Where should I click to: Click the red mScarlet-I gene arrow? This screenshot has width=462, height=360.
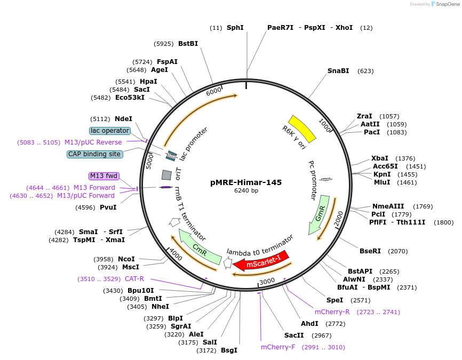click(261, 260)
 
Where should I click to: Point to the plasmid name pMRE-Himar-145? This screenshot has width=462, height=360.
click(246, 182)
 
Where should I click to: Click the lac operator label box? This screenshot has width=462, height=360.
click(110, 131)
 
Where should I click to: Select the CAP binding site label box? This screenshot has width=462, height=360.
click(95, 154)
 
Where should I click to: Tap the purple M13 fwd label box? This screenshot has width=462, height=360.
click(104, 176)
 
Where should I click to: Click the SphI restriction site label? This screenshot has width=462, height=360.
click(235, 28)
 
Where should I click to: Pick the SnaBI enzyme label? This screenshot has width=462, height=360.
click(338, 70)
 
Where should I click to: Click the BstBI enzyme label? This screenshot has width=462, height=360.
click(188, 44)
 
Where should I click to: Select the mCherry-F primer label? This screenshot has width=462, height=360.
click(278, 347)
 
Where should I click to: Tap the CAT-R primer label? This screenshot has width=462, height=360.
click(134, 279)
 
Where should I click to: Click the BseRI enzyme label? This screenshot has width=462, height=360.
click(370, 251)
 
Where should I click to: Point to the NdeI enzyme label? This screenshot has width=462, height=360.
click(123, 119)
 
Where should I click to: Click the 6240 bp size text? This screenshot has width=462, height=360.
click(246, 190)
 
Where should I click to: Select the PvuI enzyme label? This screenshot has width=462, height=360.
click(108, 207)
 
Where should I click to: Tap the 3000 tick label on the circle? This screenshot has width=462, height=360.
click(267, 281)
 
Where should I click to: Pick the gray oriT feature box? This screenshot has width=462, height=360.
click(166, 174)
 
